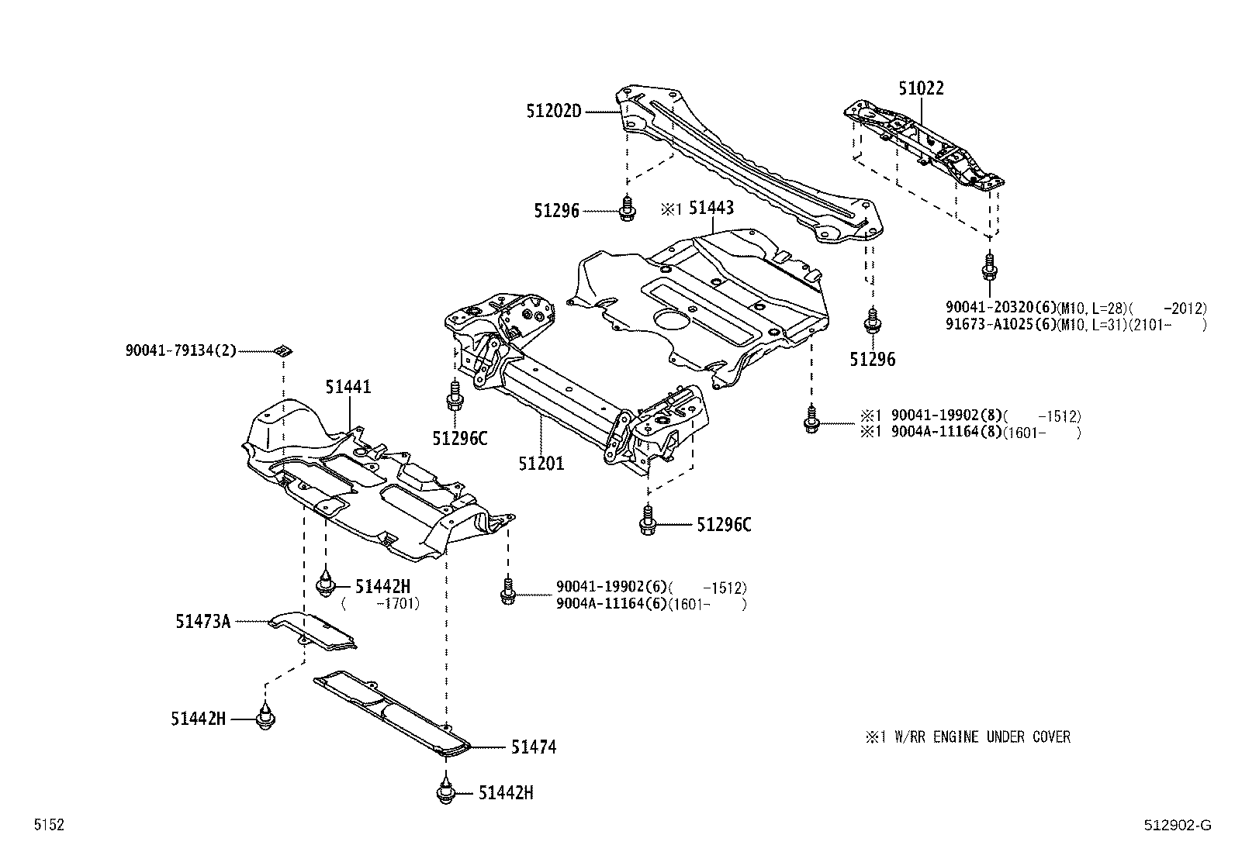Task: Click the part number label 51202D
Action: pyautogui.click(x=553, y=111)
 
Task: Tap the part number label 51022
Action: pyautogui.click(x=921, y=88)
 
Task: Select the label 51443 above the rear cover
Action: pyautogui.click(x=711, y=208)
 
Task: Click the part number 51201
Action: pyautogui.click(x=541, y=464)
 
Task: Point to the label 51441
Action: pyautogui.click(x=348, y=386)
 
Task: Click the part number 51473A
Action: pyautogui.click(x=202, y=621)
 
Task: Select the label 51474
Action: pyautogui.click(x=533, y=747)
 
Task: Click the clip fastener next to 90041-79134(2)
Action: pyautogui.click(x=284, y=350)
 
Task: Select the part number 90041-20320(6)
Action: pyautogui.click(x=1000, y=308)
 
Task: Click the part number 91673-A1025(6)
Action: pyautogui.click(x=1000, y=325)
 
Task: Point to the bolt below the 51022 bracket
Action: pyautogui.click(x=988, y=267)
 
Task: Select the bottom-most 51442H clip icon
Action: pyautogui.click(x=445, y=793)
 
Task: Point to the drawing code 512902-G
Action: pyautogui.click(x=1176, y=826)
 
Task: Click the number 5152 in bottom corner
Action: pyautogui.click(x=48, y=826)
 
